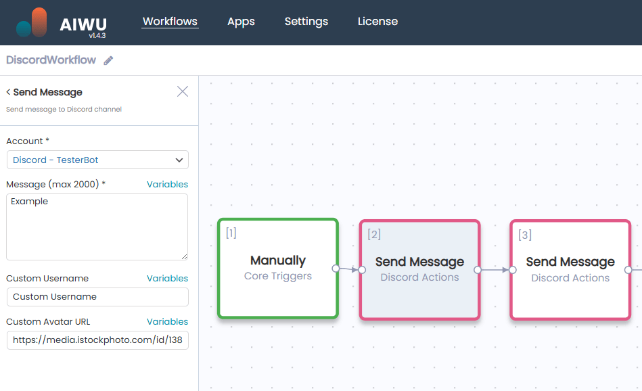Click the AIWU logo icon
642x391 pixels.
32,22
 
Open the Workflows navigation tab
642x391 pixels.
170,22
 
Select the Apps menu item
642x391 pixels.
241,22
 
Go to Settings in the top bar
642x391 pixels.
306,22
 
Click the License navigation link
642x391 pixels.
377,22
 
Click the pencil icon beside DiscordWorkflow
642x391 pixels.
108,61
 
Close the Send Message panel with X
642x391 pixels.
183,91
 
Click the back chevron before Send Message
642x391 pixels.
8,93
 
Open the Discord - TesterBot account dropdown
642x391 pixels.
97,160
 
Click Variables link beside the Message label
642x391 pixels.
167,185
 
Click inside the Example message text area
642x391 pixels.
97,227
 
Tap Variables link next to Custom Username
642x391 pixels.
167,279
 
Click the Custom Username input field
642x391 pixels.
97,297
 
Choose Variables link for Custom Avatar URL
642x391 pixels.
167,322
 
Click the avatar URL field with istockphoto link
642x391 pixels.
97,340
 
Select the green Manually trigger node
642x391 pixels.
277,268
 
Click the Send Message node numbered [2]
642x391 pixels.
419,269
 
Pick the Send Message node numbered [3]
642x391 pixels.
570,269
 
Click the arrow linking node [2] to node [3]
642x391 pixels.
495,270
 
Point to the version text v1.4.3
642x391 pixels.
97,35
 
